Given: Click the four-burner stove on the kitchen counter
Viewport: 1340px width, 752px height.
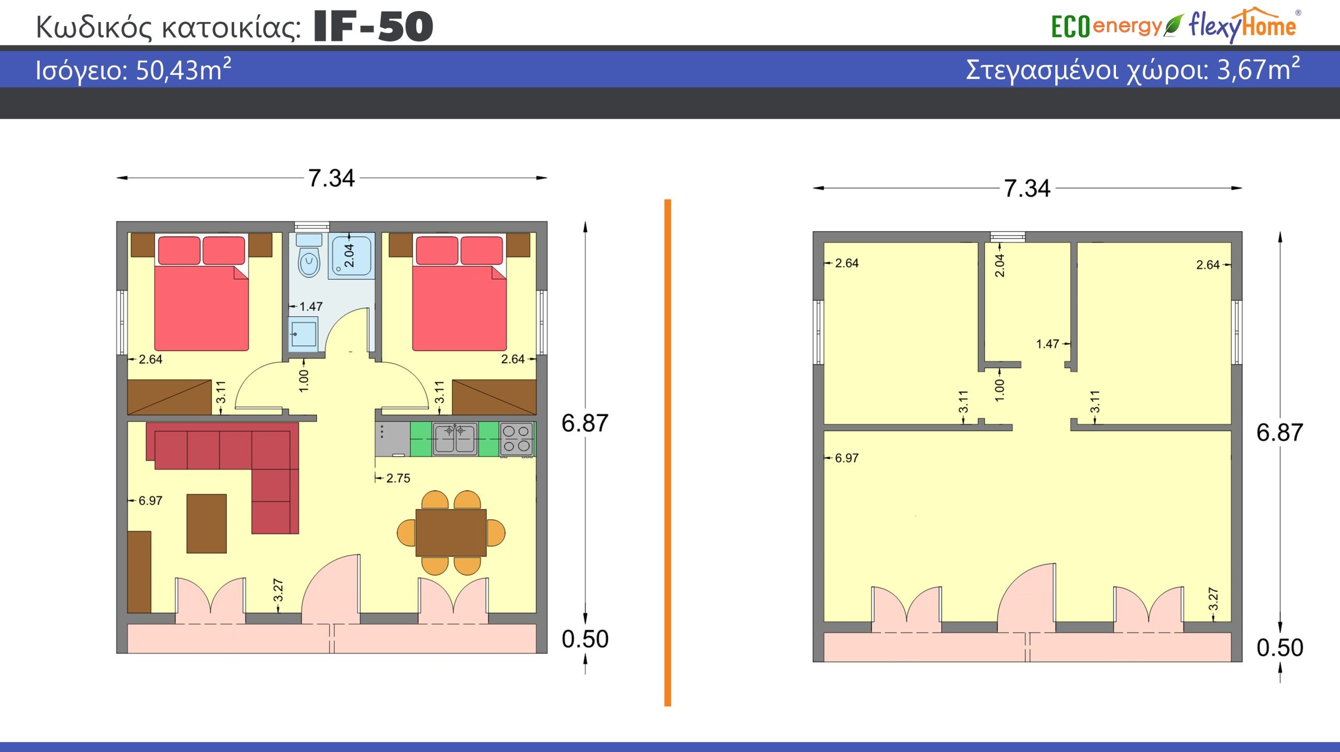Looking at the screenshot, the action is [x=516, y=439].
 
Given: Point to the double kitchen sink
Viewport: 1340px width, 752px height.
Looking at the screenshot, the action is [x=455, y=439].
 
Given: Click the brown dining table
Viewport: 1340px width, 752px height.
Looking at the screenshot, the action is [x=451, y=533].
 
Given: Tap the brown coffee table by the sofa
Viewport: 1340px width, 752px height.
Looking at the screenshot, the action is [x=207, y=523].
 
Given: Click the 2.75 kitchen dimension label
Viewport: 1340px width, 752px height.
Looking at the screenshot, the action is [x=398, y=478].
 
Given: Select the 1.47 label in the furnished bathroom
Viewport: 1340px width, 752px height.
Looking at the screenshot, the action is [x=311, y=307].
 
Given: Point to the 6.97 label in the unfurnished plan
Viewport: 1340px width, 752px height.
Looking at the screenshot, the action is [x=846, y=458].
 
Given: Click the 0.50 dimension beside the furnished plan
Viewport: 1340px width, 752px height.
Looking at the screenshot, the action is [x=585, y=639].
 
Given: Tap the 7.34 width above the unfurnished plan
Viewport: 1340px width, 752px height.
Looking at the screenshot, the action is [x=1027, y=188].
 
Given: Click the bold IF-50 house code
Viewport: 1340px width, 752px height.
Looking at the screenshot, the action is [x=373, y=27].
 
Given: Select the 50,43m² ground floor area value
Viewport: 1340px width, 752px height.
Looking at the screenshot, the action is [x=183, y=70].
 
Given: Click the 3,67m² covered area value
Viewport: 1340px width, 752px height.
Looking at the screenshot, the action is [x=1258, y=69].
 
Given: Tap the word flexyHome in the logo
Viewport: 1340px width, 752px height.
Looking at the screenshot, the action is [x=1242, y=25].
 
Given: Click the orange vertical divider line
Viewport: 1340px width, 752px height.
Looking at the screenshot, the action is [x=667, y=453].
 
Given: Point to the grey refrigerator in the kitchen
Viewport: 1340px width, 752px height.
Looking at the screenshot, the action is [x=392, y=439].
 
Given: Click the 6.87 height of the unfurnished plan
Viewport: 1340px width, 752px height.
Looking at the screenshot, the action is [x=1280, y=433].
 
